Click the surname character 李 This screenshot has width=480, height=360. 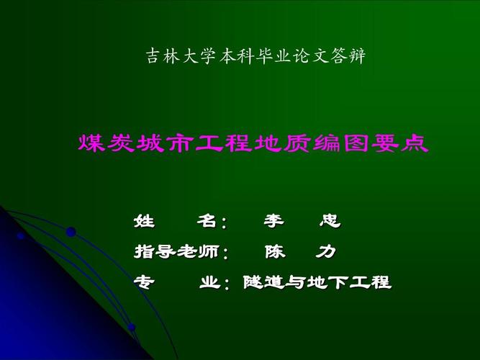click(x=273, y=221)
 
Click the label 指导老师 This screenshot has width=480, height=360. click(x=177, y=252)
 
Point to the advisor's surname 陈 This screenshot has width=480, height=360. click(x=274, y=252)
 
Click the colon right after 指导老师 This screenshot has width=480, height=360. click(x=226, y=254)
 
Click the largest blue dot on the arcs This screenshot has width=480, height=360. click(x=71, y=232)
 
